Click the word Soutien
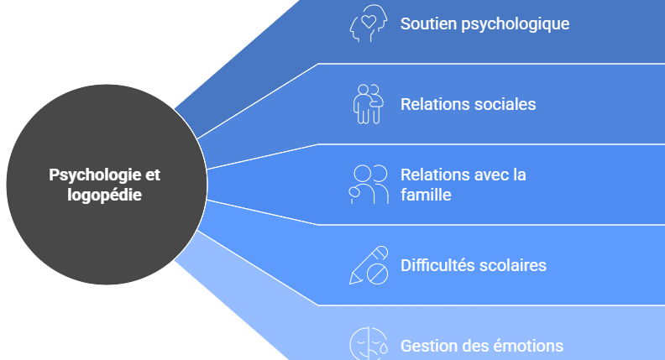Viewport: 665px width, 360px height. coord(428,23)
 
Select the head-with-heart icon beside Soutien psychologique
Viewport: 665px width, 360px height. coord(368,23)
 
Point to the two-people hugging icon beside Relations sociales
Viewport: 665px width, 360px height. coord(368,103)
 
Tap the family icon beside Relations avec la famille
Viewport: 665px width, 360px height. coord(369,185)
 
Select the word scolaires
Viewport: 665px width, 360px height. coord(513,265)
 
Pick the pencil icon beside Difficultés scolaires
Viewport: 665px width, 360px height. coord(369,264)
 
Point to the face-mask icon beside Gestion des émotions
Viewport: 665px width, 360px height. coord(368,344)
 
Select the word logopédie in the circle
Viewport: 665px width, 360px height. coord(105,195)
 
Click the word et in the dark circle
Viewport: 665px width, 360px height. coord(151,175)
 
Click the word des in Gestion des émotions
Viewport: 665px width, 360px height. coord(475,346)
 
